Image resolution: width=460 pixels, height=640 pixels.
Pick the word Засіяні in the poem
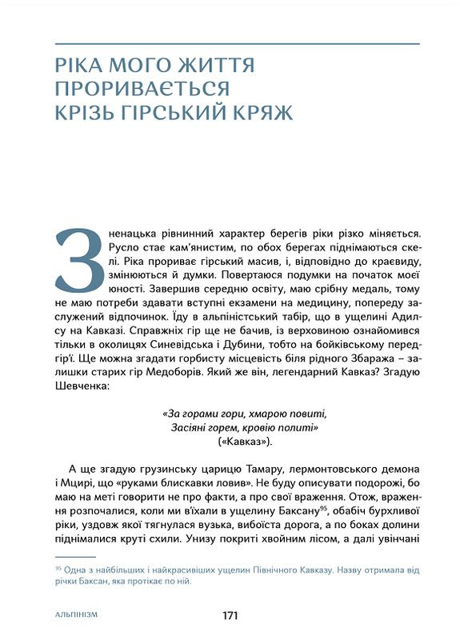point(190,428)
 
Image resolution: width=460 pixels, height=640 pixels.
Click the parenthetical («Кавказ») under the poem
point(245,442)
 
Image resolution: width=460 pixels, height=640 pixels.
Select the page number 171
point(230,615)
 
